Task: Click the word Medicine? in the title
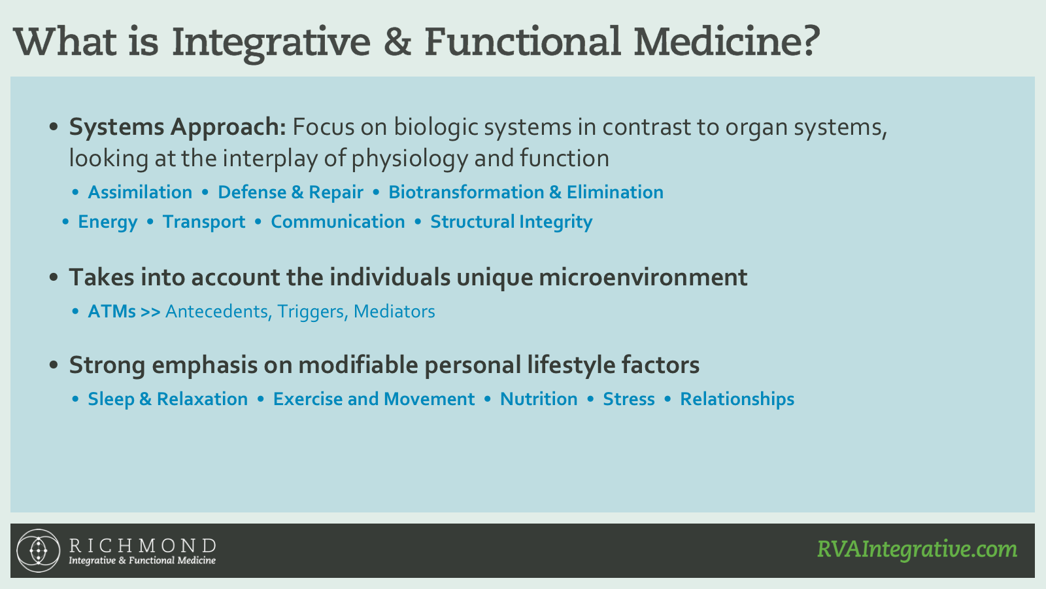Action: (x=726, y=41)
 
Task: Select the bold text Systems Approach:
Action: (x=177, y=128)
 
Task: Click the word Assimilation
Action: (x=140, y=192)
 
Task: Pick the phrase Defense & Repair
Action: (x=290, y=192)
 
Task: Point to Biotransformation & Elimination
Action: (x=526, y=192)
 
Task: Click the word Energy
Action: (x=108, y=223)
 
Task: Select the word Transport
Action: (x=203, y=223)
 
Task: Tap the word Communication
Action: (x=337, y=222)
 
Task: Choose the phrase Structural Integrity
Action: (x=511, y=223)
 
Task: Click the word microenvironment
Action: (x=643, y=277)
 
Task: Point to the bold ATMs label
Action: (x=112, y=312)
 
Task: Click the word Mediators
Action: (x=394, y=312)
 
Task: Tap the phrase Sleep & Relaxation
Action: (x=167, y=399)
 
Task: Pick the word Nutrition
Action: (x=539, y=399)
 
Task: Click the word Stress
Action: (x=628, y=399)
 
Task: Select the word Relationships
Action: (x=737, y=399)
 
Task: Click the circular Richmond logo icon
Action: (x=39, y=550)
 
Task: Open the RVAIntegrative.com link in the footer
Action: (x=917, y=549)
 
